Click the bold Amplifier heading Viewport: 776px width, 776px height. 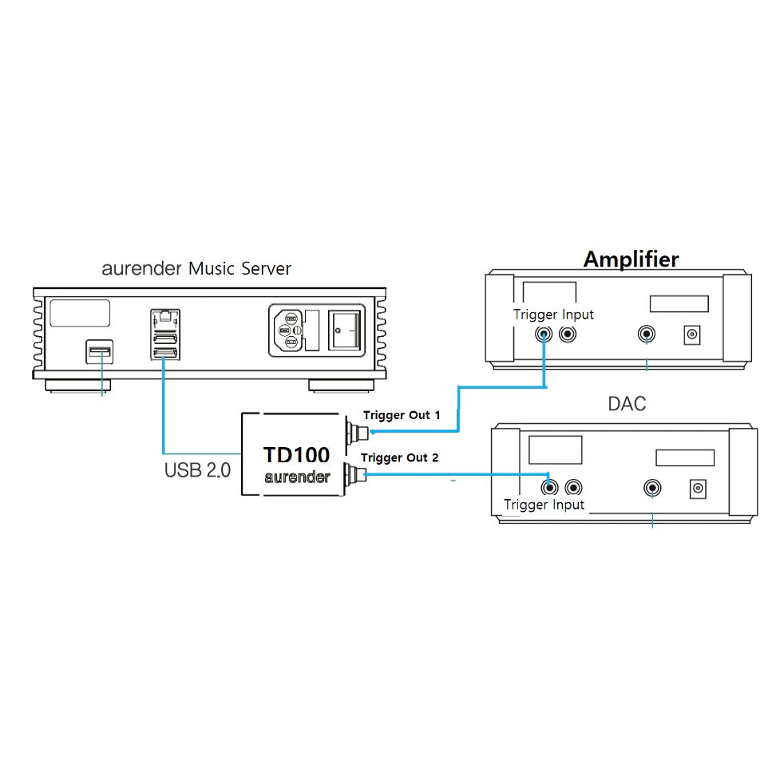[x=631, y=259]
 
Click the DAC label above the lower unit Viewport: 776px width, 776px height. [x=627, y=404]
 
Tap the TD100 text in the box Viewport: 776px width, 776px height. [x=296, y=456]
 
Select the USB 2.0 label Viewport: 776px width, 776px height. [x=197, y=469]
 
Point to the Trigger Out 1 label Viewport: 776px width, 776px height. [x=402, y=415]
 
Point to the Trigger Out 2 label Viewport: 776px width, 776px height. [x=399, y=458]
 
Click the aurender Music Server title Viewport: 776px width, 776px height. [x=196, y=268]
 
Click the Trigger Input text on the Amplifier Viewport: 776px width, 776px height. [x=553, y=315]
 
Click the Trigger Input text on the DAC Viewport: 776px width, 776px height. [x=544, y=505]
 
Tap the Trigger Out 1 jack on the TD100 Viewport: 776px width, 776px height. [x=354, y=434]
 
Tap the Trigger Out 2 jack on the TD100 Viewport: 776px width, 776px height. [x=354, y=476]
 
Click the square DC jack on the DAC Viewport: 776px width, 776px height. [x=699, y=489]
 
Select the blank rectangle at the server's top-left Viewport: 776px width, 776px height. [x=80, y=312]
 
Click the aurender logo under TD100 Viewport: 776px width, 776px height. [x=296, y=477]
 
